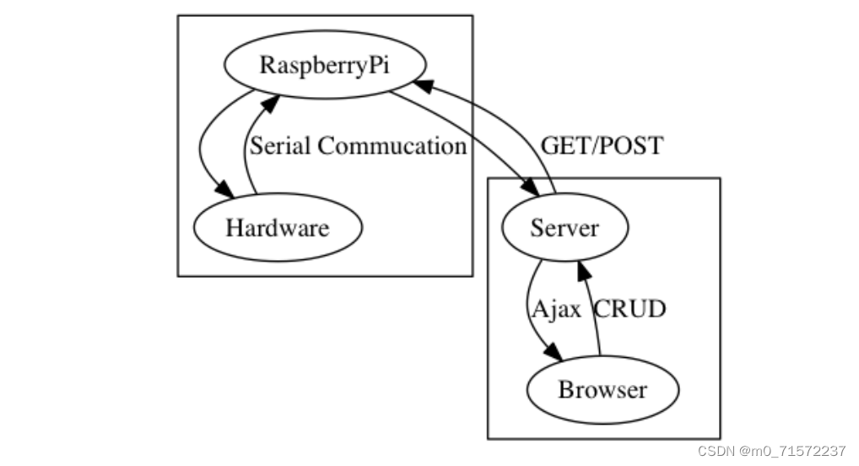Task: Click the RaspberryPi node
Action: (x=324, y=66)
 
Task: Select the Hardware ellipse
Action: (x=278, y=227)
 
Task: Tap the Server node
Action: (x=565, y=228)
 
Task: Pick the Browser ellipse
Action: (x=602, y=390)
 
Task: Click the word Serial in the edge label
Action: (x=281, y=146)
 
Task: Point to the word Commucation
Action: (x=392, y=146)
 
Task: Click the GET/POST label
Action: (x=602, y=146)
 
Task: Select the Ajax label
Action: (x=556, y=309)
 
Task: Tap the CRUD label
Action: (x=630, y=309)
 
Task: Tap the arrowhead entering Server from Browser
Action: (x=581, y=268)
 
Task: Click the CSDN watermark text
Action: (x=716, y=450)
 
